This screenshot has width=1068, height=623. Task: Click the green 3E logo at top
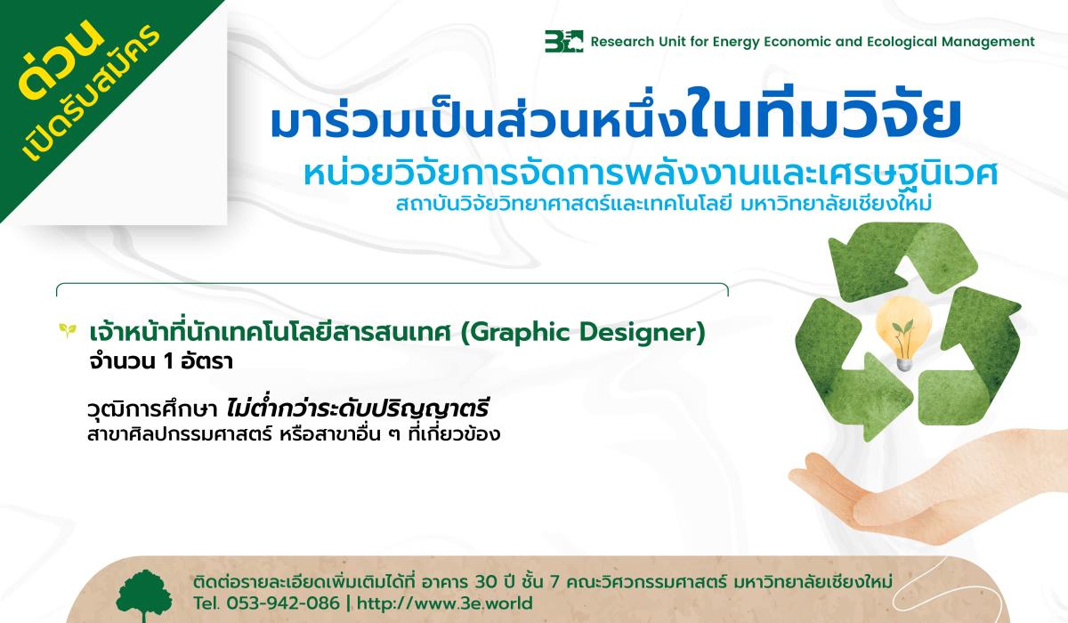click(563, 42)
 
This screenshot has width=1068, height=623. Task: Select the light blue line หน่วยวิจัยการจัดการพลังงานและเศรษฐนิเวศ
click(651, 173)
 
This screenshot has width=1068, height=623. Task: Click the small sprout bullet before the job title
click(68, 330)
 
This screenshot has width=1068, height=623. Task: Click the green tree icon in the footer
click(144, 595)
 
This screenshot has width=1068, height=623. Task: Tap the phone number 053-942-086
click(283, 603)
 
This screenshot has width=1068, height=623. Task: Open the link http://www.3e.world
click(445, 603)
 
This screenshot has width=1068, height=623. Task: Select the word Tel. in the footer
click(206, 603)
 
